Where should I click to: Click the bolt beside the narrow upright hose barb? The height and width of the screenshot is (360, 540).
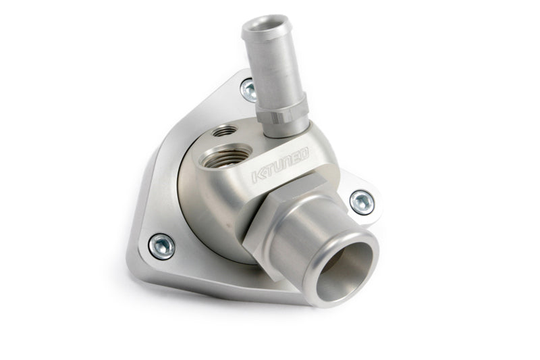tap(248, 90)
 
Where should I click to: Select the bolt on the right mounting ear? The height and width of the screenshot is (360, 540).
tap(362, 203)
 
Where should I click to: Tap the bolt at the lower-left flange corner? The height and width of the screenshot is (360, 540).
tap(161, 247)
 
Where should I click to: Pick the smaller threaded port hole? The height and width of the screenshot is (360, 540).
tap(225, 130)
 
